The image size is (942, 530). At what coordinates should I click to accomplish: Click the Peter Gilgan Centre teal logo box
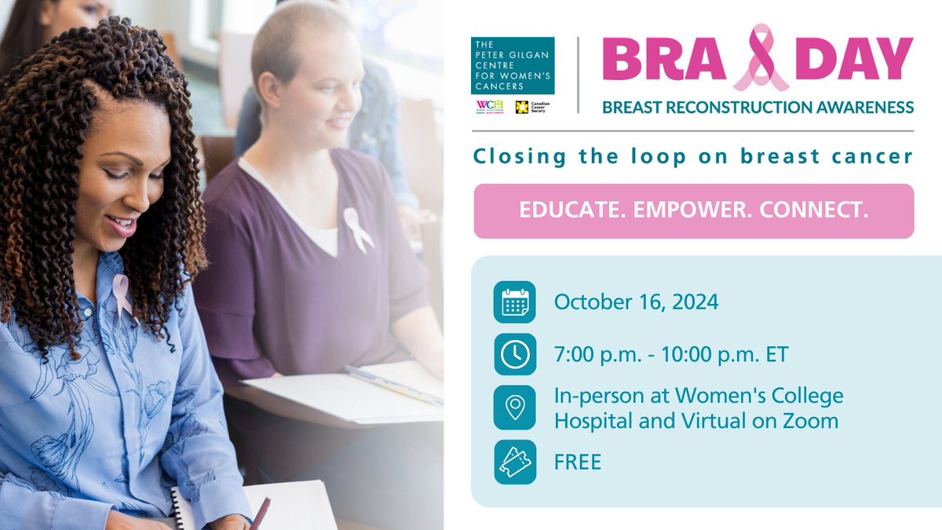click(513, 66)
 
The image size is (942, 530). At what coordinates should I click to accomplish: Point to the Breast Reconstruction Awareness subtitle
click(758, 107)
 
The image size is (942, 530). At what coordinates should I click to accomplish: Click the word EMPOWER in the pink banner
click(692, 211)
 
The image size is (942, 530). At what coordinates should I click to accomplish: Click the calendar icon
click(514, 302)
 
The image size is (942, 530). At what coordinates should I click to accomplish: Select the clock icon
click(514, 355)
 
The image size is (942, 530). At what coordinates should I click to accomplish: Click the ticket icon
click(514, 462)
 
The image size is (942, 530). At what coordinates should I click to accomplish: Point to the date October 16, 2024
click(636, 302)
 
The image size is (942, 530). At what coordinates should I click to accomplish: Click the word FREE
click(578, 462)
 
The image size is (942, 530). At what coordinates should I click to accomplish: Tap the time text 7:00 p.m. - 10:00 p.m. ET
click(671, 355)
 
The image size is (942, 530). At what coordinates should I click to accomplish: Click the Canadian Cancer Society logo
click(531, 107)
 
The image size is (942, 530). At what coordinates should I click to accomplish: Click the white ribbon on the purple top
click(357, 229)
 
